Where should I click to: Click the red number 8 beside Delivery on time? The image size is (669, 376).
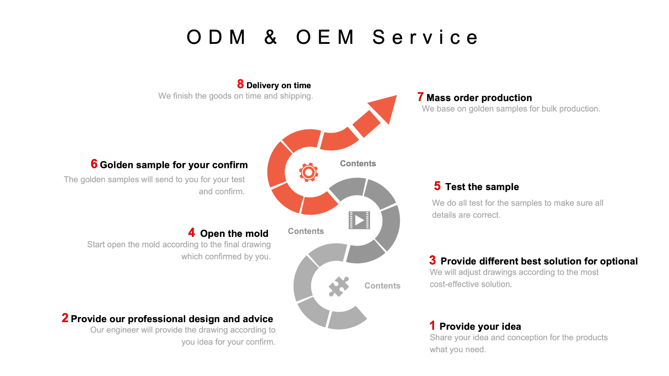pos(240,84)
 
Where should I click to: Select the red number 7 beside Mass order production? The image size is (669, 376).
pos(421,97)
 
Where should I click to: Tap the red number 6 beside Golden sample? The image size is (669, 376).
pos(94,164)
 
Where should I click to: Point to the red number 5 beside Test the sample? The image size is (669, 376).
pos(437,186)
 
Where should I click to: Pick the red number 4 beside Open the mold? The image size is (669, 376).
pos(192,233)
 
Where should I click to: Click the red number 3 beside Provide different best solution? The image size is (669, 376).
pos(432,260)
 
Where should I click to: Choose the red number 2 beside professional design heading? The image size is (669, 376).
pos(65,318)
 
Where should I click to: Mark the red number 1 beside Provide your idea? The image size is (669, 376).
pos(432,325)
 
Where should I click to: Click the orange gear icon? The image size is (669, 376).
pos(309,172)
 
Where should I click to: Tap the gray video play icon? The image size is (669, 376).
pos(359,220)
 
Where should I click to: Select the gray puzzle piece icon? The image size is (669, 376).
pos(339,287)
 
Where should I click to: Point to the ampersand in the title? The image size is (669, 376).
pos(271,37)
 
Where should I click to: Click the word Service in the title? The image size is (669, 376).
pos(425,37)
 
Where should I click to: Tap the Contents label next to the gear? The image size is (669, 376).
pos(358,163)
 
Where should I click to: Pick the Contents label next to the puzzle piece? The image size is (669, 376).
pos(382,286)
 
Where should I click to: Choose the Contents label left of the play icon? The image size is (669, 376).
pos(306,231)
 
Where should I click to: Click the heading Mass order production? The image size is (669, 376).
pos(479,98)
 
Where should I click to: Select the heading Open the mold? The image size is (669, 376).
pos(234,234)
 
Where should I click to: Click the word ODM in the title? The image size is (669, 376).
pos(216,37)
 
